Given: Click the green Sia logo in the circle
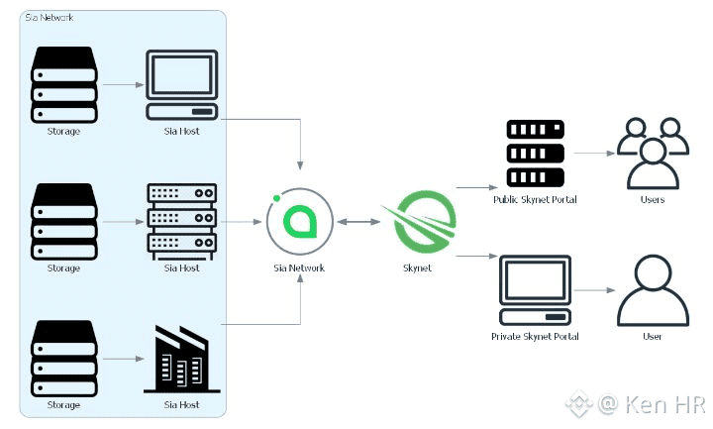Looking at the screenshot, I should [x=299, y=222].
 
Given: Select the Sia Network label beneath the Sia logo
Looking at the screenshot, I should [x=299, y=268].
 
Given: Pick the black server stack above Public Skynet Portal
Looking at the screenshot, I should [x=535, y=155].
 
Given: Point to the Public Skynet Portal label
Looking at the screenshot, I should [x=535, y=199].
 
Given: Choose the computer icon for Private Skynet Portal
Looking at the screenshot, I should [x=535, y=291].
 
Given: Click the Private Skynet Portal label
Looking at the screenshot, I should [x=535, y=337].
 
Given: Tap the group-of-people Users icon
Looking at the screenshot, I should [x=653, y=153].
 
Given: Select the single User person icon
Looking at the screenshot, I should [x=652, y=290].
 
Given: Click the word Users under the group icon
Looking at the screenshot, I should [x=653, y=199].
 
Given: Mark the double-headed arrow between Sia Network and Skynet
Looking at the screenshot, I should [x=356, y=222].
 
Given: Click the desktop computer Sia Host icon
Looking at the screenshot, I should [x=181, y=85].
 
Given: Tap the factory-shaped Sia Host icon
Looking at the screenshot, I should [x=181, y=359].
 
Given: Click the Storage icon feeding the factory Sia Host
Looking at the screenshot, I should [x=63, y=359].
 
